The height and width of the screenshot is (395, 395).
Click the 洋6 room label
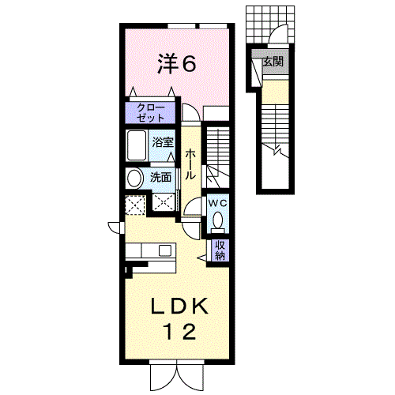[x=177, y=63]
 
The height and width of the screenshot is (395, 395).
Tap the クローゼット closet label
[x=151, y=113]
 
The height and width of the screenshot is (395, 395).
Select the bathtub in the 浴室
[x=137, y=145]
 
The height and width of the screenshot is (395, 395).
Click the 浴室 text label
[x=163, y=142]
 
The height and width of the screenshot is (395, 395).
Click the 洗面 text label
[x=160, y=177]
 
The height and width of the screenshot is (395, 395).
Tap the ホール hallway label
[x=190, y=164]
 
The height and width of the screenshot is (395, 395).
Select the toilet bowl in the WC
[x=217, y=220]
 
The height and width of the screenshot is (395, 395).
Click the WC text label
[x=217, y=203]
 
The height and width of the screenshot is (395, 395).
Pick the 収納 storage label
[x=220, y=250]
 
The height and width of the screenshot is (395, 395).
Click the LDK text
[x=179, y=306]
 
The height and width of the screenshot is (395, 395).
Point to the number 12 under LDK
[x=180, y=332]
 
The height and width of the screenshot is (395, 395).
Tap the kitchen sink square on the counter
[x=164, y=250]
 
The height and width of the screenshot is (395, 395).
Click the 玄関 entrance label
[x=273, y=62]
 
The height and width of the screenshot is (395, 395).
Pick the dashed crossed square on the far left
[x=135, y=205]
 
